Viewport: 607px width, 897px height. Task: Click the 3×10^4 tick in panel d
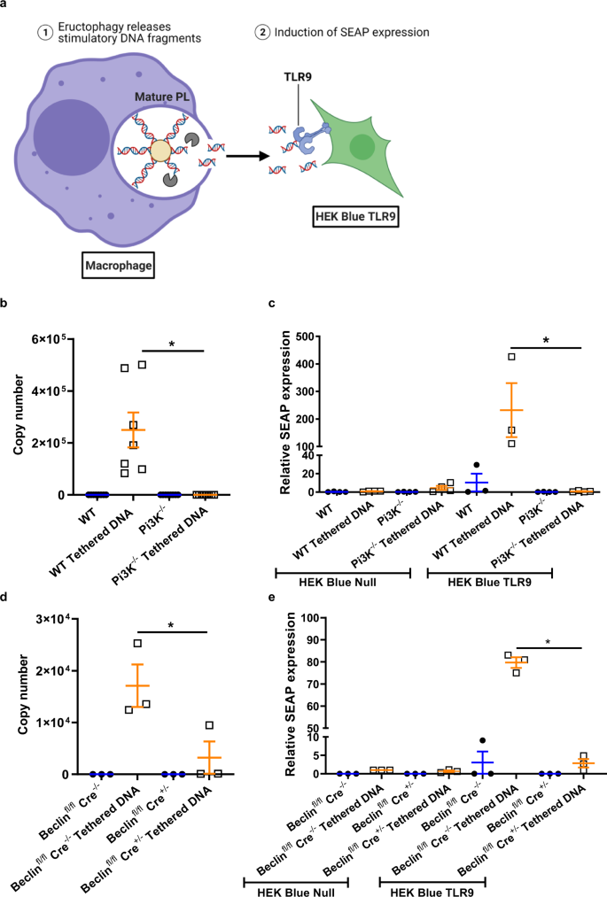(x=55, y=617)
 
